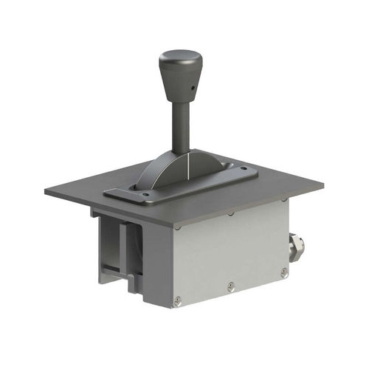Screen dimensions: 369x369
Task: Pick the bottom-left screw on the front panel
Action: pyautogui.click(x=177, y=300)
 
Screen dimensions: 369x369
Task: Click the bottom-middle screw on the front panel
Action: pyautogui.click(x=231, y=286)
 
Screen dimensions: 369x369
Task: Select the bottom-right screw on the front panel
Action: pyautogui.click(x=284, y=272)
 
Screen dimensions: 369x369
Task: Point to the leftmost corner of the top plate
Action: pyautogui.click(x=45, y=192)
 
